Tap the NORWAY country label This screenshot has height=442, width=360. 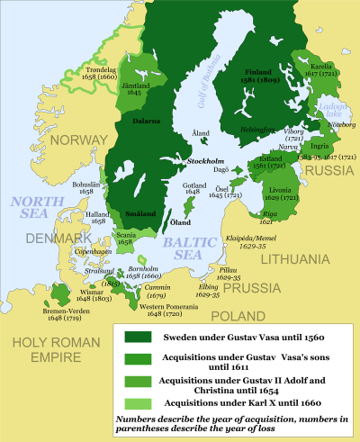point(80,140)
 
